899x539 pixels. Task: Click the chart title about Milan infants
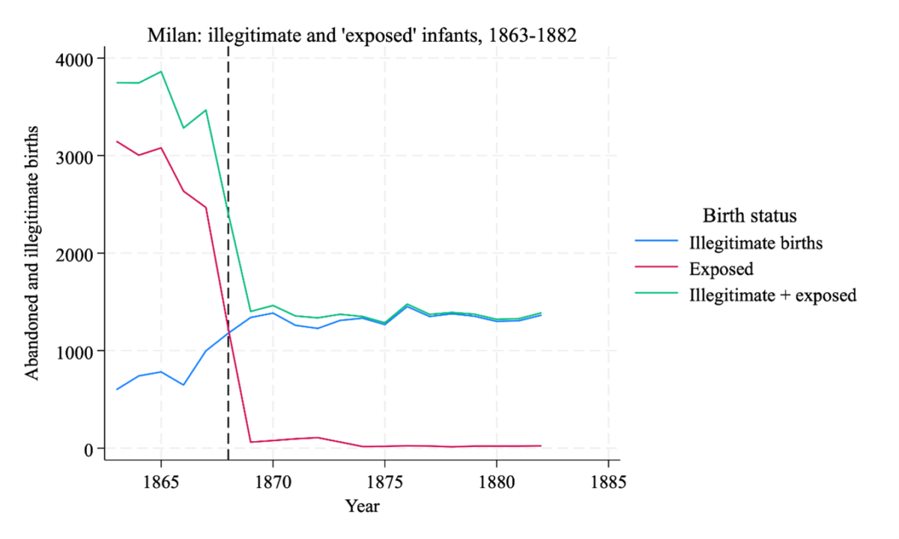tap(362, 36)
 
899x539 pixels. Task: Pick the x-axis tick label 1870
tap(273, 479)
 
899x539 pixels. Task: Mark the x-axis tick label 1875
tap(384, 479)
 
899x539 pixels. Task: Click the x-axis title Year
tap(363, 507)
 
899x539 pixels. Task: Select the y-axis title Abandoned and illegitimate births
tap(34, 253)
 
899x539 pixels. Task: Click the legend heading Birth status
tap(748, 216)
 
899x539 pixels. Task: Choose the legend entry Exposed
tap(721, 268)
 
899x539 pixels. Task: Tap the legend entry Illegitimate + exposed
tap(772, 295)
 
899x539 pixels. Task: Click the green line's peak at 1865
tap(161, 72)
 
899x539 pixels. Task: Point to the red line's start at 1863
tap(117, 141)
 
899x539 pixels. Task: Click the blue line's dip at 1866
tap(184, 385)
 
